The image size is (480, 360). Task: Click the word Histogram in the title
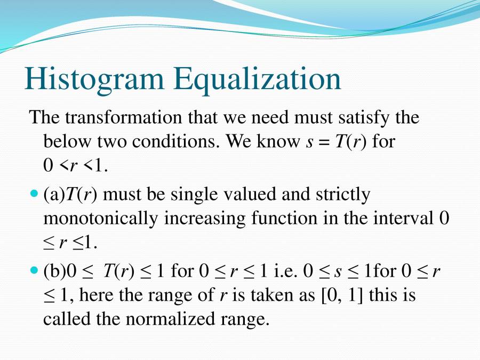coord(94,79)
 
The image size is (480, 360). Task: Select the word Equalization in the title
coord(258,79)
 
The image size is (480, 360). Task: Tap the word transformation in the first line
coord(123,117)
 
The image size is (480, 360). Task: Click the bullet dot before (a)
coord(34,194)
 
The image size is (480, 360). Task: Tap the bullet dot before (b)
coord(34,270)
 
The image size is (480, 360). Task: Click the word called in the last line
coord(67,319)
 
